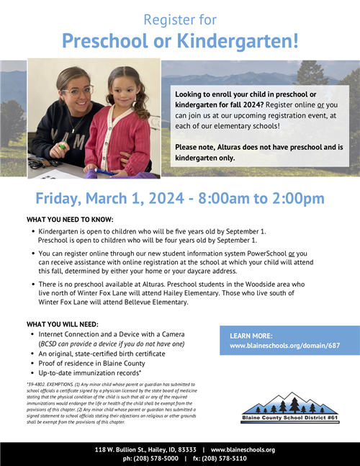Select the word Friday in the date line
coord(64,198)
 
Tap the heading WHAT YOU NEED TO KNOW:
coord(71,218)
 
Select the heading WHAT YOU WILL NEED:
coord(63,324)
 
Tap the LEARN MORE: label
coord(251,336)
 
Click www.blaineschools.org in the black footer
coord(243,449)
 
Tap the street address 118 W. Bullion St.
coord(125,449)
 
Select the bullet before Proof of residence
coord(32,364)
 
